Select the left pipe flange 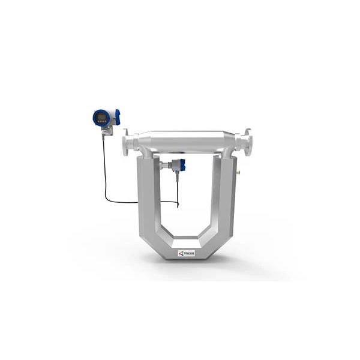[128, 144]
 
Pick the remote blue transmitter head [106, 116]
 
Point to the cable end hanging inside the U [178, 203]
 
